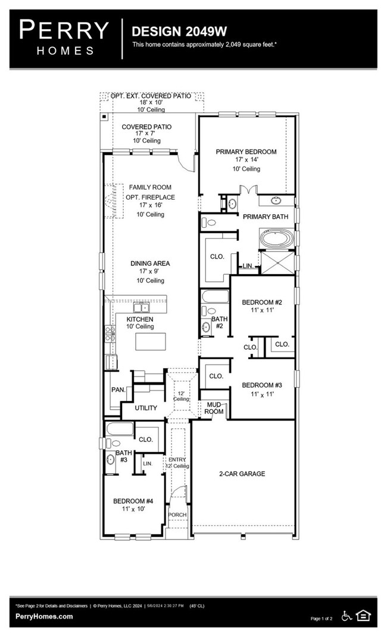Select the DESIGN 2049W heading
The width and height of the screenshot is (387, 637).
[171, 31]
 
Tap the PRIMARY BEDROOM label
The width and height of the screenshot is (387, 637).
[246, 152]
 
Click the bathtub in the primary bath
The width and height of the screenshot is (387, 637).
[277, 241]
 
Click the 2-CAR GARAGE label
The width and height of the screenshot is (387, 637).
[241, 474]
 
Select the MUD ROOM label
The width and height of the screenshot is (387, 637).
[214, 408]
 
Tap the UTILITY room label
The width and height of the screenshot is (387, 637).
[146, 408]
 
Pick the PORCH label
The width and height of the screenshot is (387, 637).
[177, 515]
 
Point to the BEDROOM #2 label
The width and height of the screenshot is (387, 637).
[261, 303]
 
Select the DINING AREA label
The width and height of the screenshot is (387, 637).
[151, 263]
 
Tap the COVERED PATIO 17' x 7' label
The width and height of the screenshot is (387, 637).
[146, 127]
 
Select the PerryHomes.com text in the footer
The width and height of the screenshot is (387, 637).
[44, 617]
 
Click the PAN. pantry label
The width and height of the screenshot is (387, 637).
[117, 390]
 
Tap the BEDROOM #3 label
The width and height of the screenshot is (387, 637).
[261, 385]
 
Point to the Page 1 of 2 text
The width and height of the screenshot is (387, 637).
[324, 619]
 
